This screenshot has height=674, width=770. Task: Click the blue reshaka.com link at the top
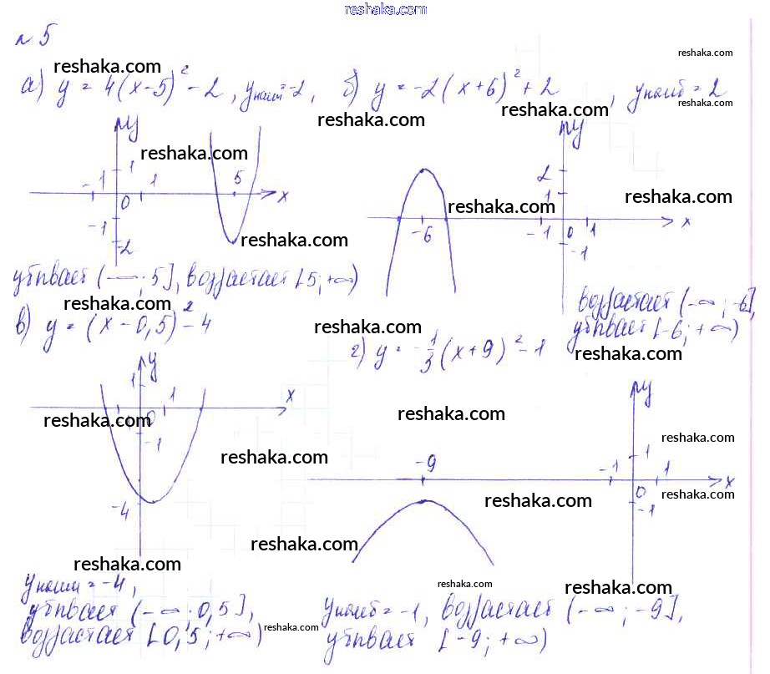tap(385, 9)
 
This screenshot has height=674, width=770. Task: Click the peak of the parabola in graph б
tap(423, 171)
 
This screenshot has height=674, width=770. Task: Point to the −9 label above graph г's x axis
tap(426, 462)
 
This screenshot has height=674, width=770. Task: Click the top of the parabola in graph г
tap(424, 501)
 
